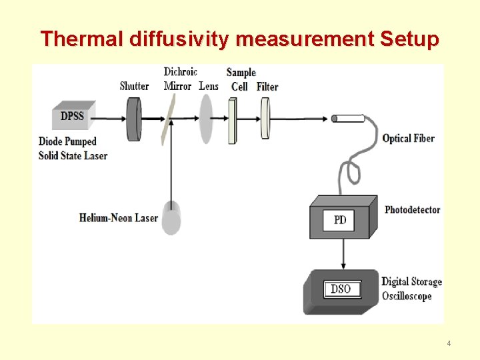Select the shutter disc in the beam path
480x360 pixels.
[x=135, y=118]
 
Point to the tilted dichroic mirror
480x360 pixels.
[x=167, y=119]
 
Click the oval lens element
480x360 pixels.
[x=207, y=119]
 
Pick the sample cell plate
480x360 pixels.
[x=232, y=120]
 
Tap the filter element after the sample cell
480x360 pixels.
[x=265, y=119]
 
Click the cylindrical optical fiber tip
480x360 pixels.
[x=348, y=119]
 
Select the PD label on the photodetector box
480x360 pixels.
[x=339, y=219]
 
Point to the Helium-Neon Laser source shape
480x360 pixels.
[x=172, y=217]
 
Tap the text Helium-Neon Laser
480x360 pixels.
[x=118, y=218]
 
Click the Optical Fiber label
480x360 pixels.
[x=408, y=139]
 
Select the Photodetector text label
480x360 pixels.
[x=412, y=209]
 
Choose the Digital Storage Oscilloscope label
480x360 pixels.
[x=411, y=289]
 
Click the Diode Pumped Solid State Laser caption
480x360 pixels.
[x=73, y=148]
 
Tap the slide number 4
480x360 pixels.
[x=449, y=343]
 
